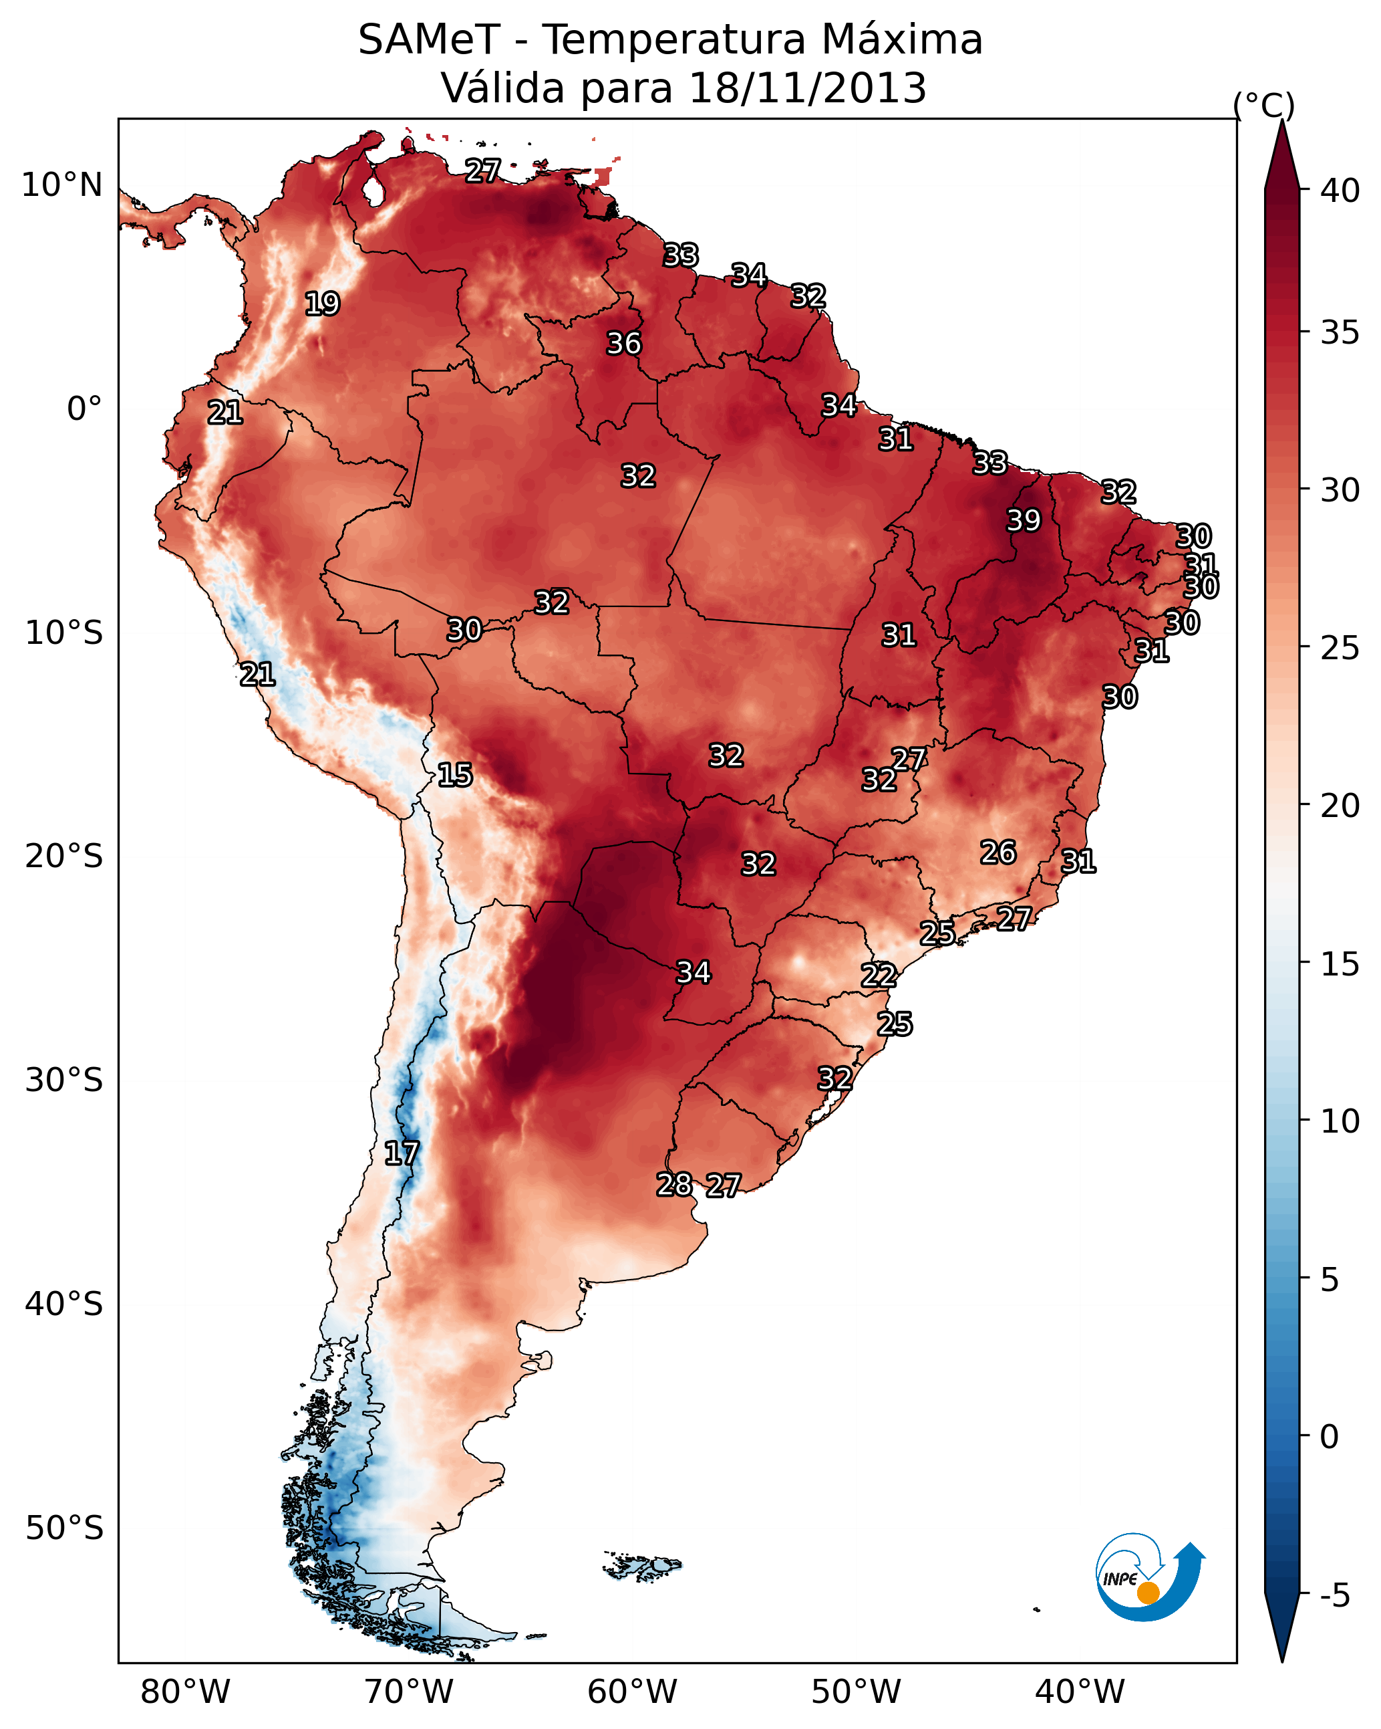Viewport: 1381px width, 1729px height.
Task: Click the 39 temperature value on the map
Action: click(x=1024, y=520)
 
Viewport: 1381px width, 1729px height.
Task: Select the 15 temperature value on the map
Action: click(x=454, y=775)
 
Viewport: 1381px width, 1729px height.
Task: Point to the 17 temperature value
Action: click(x=402, y=1153)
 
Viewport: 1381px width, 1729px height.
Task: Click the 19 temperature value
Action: click(x=322, y=304)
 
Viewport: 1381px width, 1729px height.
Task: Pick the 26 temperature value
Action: click(x=998, y=852)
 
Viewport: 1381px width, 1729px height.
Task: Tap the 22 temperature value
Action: click(x=879, y=975)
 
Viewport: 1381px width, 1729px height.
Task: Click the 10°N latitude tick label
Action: click(x=61, y=185)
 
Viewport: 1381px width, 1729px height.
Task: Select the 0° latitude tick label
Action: click(x=84, y=409)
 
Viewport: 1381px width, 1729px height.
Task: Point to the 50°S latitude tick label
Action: click(x=64, y=1528)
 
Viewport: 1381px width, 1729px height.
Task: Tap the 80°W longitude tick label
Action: click(x=185, y=1692)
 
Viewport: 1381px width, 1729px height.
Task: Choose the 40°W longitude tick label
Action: click(x=1080, y=1692)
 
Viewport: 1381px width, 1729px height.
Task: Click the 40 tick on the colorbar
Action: click(x=1340, y=191)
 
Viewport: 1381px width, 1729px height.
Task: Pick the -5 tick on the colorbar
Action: click(x=1334, y=1596)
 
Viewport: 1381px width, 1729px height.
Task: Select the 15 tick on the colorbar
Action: click(x=1340, y=964)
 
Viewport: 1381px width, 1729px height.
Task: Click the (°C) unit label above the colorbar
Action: click(x=1264, y=105)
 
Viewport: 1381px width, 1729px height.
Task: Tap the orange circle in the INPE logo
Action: click(x=1148, y=1593)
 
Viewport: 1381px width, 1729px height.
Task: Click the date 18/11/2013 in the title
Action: click(x=807, y=88)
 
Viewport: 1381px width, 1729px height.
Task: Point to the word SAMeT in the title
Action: click(x=429, y=40)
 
